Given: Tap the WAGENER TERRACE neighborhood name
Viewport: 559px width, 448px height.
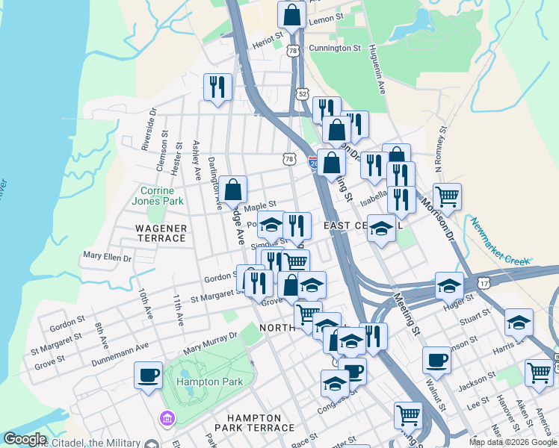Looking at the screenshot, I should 160,232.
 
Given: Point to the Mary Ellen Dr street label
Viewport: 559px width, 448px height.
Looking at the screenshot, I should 108,257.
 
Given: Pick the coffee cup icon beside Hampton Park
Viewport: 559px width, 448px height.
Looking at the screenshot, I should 148,374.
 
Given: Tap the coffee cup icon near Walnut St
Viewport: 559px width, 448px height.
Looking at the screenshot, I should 436,359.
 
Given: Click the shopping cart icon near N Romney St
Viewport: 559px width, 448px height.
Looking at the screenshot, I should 447,196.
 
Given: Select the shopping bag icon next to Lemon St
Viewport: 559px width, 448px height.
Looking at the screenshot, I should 291,13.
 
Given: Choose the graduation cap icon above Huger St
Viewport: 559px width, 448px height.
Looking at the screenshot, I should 450,284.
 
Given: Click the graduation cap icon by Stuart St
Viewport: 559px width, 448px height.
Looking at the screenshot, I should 519,321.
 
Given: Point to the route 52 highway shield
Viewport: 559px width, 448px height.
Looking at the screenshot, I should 302,94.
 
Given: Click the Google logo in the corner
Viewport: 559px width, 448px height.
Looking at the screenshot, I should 25,440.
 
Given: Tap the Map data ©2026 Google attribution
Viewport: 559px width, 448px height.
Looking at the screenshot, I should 512,442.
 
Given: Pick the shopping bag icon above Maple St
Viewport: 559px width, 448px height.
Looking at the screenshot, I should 233,189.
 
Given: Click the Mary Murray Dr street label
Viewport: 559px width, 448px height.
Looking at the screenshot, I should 210,343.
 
